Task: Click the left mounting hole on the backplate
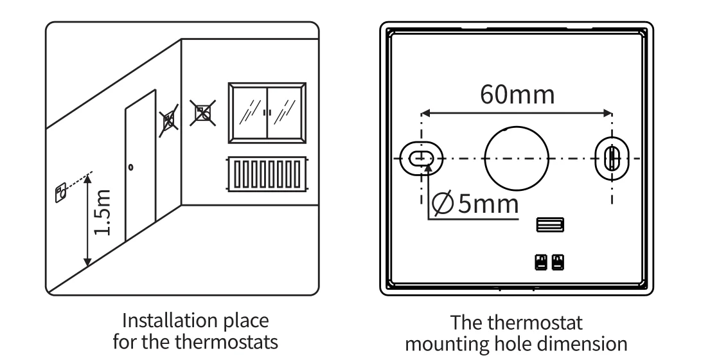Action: (x=422, y=157)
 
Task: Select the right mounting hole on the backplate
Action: (x=612, y=157)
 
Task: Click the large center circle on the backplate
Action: (x=517, y=157)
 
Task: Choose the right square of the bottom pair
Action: (x=558, y=262)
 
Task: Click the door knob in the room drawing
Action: (x=130, y=167)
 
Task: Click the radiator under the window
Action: (x=267, y=174)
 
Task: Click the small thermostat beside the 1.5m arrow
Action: (x=60, y=191)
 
